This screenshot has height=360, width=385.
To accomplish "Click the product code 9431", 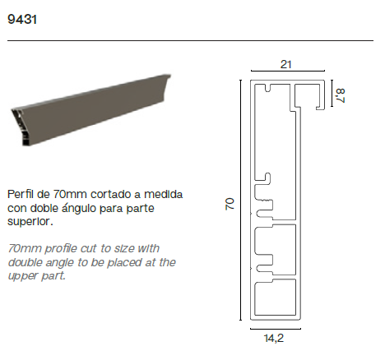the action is [22, 20].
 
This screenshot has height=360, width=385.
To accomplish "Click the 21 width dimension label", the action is [286, 64].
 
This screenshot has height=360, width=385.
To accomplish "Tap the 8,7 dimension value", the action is [341, 95].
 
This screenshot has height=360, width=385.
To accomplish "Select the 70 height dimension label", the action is [230, 204].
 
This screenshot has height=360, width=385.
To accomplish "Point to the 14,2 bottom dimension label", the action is [274, 339].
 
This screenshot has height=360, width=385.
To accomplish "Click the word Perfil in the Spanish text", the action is [20, 194].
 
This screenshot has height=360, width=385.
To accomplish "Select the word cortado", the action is [111, 194].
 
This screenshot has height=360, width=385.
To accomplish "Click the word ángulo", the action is [78, 208].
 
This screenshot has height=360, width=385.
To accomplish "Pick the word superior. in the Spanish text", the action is [30, 222].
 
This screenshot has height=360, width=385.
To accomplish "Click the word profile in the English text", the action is [61, 248].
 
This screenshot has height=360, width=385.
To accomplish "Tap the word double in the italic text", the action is [25, 262].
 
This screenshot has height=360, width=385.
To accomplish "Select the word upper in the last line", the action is [23, 276].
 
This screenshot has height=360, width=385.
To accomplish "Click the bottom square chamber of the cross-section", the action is [276, 298].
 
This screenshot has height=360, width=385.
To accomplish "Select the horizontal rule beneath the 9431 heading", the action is [190, 40].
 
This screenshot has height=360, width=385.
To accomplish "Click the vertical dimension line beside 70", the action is [241, 200].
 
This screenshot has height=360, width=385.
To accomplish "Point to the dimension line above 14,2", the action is [276, 329].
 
